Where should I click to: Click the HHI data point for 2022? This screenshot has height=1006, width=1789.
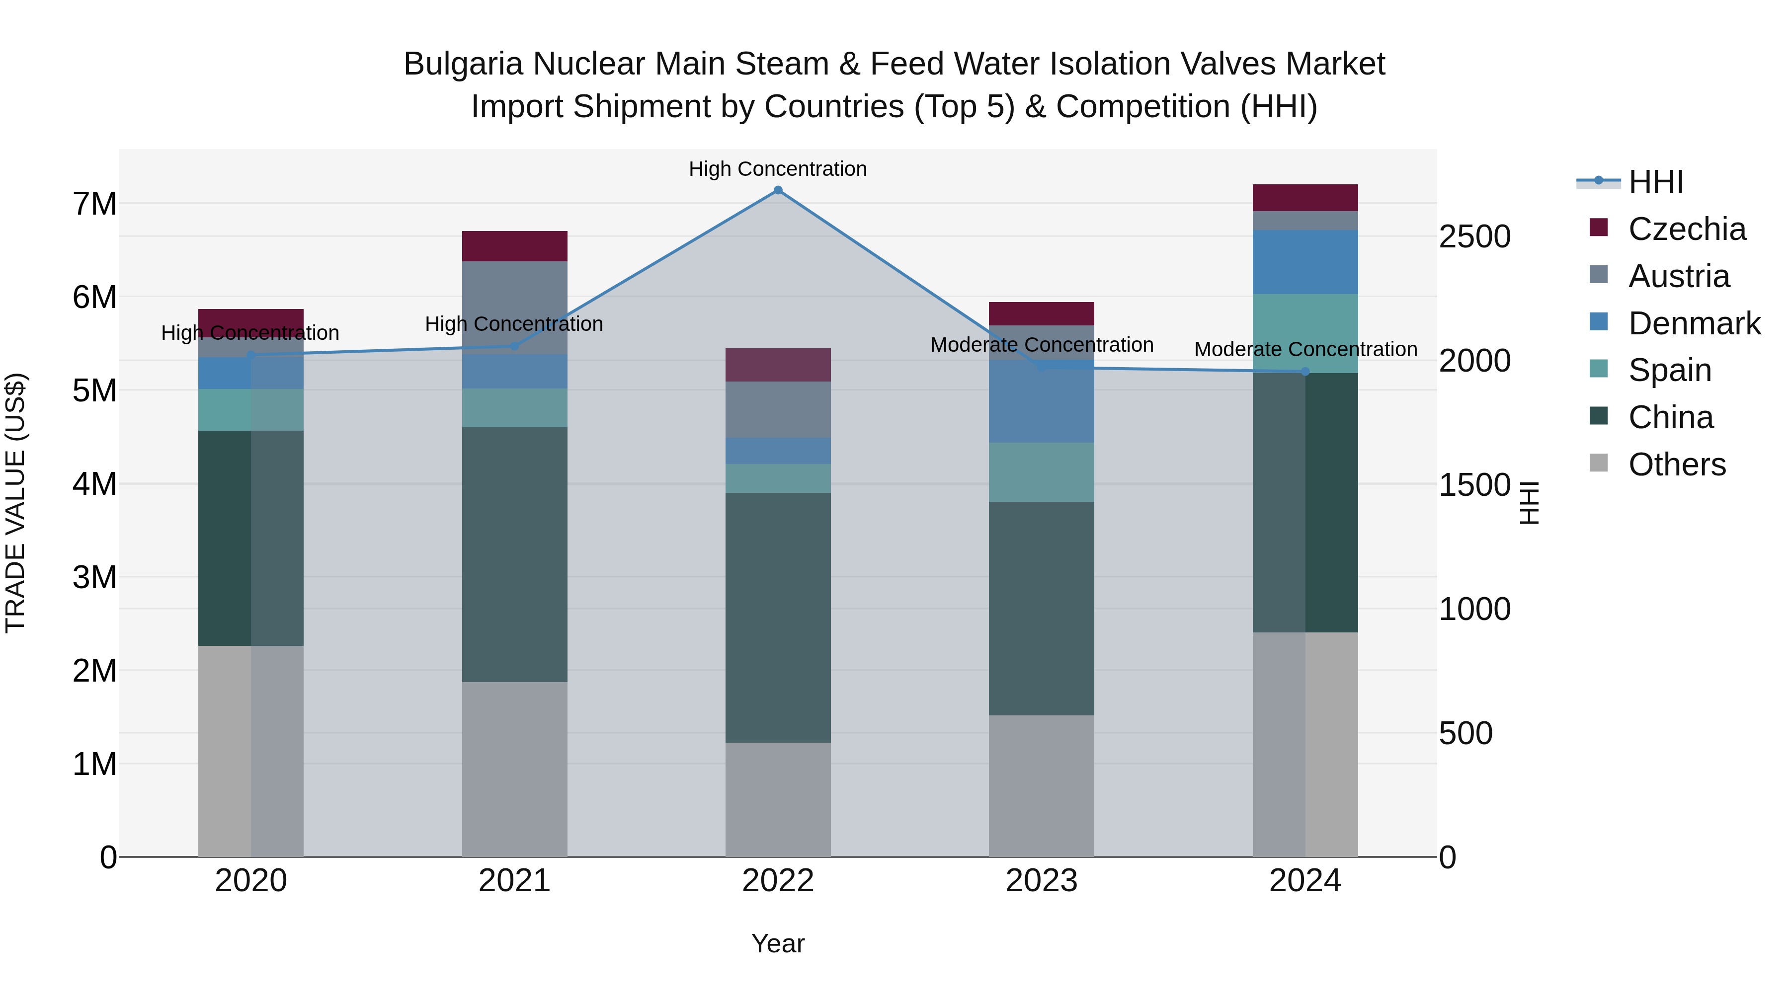click(x=778, y=190)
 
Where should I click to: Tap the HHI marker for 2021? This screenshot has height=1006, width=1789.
click(x=515, y=346)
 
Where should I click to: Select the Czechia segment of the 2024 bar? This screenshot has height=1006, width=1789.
click(x=1305, y=198)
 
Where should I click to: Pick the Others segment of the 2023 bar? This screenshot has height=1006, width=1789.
click(x=1041, y=785)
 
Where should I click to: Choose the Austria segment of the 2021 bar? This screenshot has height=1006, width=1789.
click(x=515, y=308)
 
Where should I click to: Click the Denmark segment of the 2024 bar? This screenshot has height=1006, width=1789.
click(x=1305, y=262)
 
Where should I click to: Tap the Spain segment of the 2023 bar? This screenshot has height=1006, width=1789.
click(x=1041, y=472)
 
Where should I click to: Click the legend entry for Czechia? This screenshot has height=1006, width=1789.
click(x=1686, y=229)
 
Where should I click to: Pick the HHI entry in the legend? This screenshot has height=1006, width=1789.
click(x=1656, y=182)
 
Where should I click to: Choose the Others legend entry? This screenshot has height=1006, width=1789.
click(x=1677, y=464)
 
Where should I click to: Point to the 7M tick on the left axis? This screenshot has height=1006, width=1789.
click(x=95, y=204)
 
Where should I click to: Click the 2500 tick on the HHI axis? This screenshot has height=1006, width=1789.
click(x=1474, y=237)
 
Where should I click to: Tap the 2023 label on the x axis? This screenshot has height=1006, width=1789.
click(x=1041, y=881)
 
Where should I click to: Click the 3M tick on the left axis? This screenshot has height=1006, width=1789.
click(x=95, y=577)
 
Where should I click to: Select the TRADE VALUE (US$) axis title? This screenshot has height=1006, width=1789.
click(x=15, y=503)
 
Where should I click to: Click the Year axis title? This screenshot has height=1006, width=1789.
click(x=778, y=943)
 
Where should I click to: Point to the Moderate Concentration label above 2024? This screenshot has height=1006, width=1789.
click(x=1305, y=349)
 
